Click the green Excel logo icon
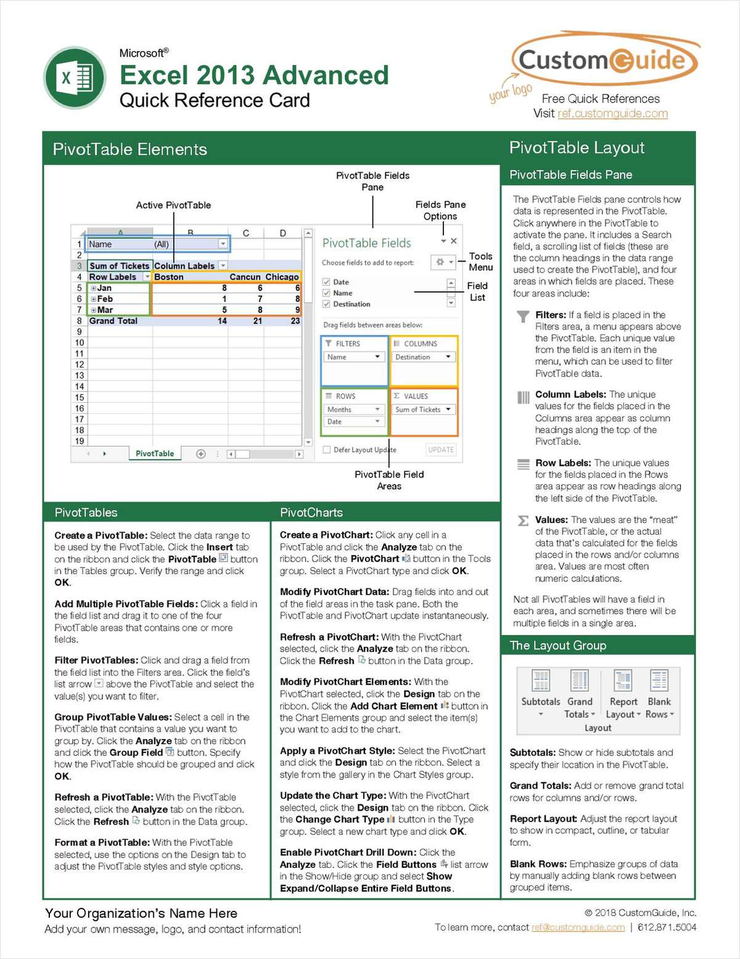pyautogui.click(x=75, y=78)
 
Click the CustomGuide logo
pyautogui.click(x=603, y=60)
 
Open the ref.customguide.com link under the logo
pyautogui.click(x=612, y=113)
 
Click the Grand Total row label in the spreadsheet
pyautogui.click(x=113, y=321)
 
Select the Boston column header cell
pyautogui.click(x=169, y=277)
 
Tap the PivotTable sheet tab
pyautogui.click(x=155, y=453)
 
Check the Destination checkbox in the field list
pyautogui.click(x=327, y=304)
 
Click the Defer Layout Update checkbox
pyautogui.click(x=327, y=450)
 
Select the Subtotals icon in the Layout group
pyautogui.click(x=541, y=681)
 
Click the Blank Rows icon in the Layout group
pyautogui.click(x=659, y=681)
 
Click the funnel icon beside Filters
pyautogui.click(x=523, y=316)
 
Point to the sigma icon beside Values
pyautogui.click(x=523, y=521)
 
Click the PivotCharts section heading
pyautogui.click(x=311, y=512)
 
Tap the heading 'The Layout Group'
pyautogui.click(x=558, y=646)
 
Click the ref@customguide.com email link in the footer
pyautogui.click(x=578, y=928)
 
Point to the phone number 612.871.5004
pyautogui.click(x=667, y=928)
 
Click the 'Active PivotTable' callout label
pyautogui.click(x=173, y=205)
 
